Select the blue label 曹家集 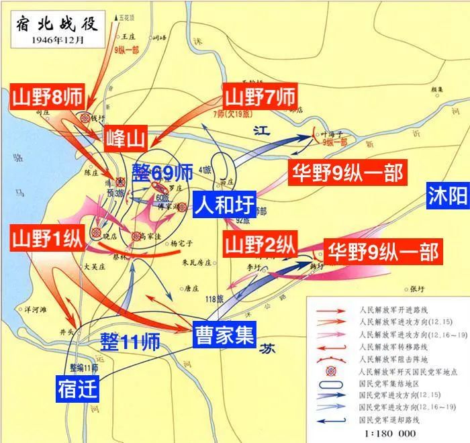[x=224, y=334]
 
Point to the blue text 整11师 [x=130, y=342]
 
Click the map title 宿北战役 [x=56, y=26]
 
